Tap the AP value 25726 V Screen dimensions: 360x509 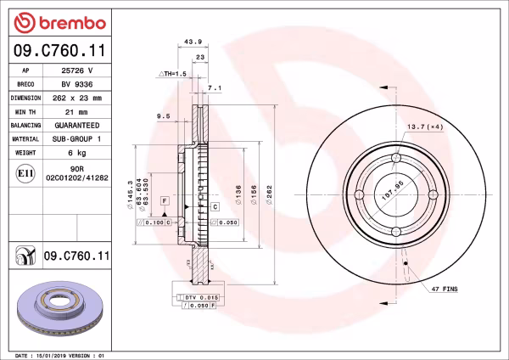pos(77,70)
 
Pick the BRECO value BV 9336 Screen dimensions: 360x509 pos(77,84)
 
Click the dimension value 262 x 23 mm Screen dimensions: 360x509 pos(77,98)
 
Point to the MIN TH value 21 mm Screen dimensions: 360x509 pos(77,111)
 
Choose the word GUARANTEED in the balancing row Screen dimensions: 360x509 pos(77,125)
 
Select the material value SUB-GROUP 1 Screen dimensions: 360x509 pos(77,138)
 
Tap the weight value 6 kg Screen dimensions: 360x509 pos(77,152)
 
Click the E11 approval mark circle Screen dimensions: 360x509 pos(26,174)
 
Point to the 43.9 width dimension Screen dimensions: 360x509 pos(193,41)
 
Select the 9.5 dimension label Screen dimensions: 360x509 pos(164,115)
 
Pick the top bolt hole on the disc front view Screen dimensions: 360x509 pos(396,158)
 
